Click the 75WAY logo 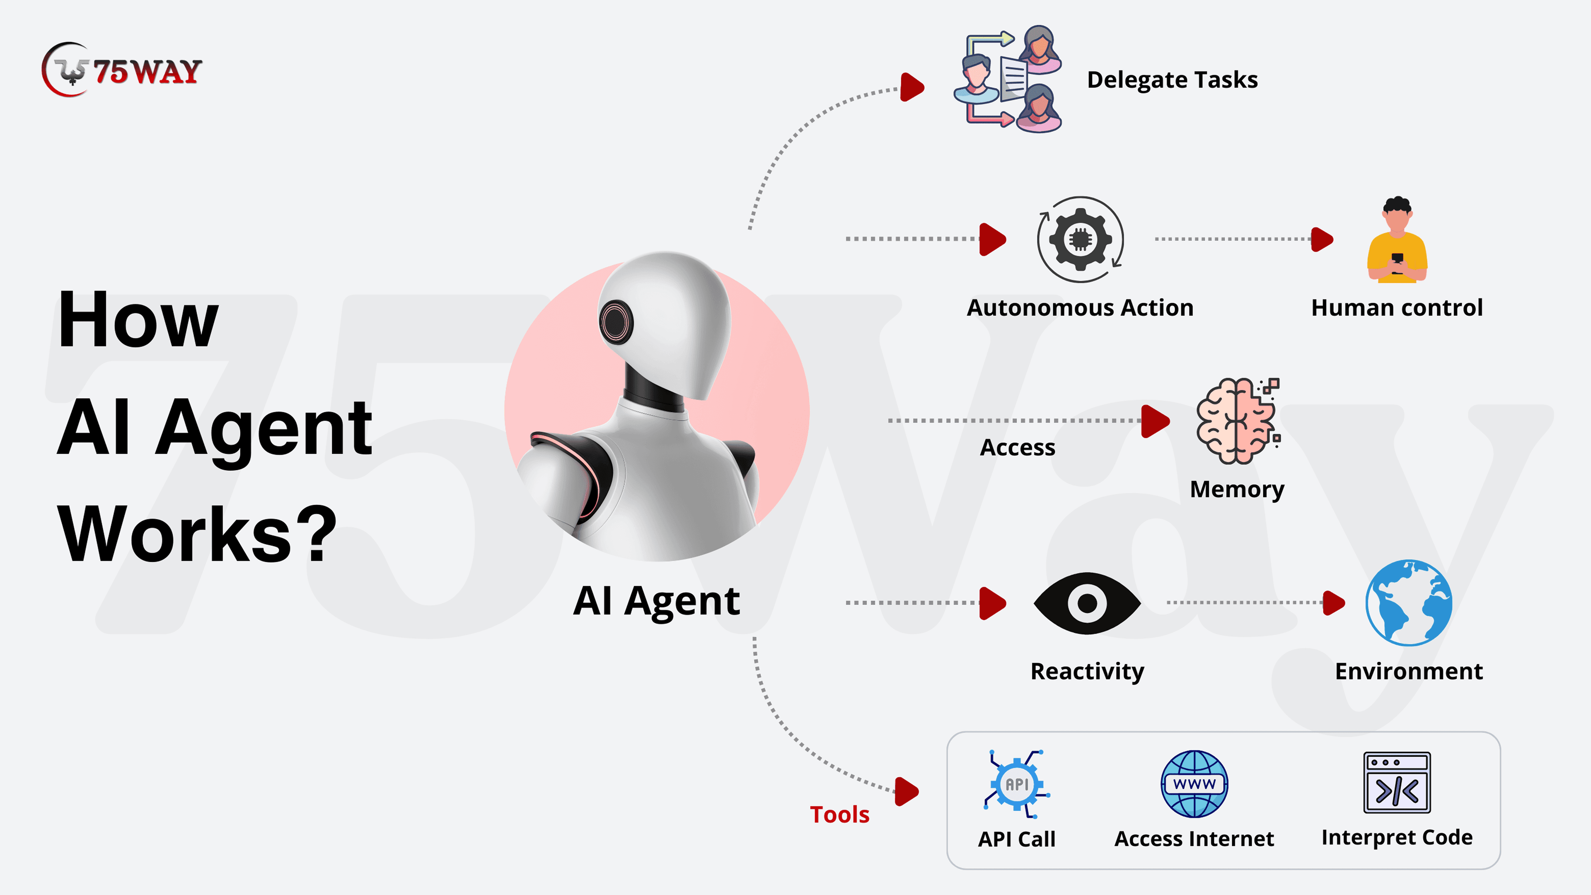pos(122,70)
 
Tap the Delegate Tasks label pos(1172,80)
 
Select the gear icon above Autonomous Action pos(1080,239)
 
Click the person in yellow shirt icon pos(1397,240)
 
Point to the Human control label pos(1396,307)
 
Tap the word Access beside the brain pos(1017,447)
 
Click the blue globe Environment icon pos(1409,603)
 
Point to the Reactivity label pos(1087,671)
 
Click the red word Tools pos(839,815)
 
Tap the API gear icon pos(1017,784)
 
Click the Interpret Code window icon pos(1396,783)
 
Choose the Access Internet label pos(1193,839)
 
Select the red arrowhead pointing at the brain pos(1154,421)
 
